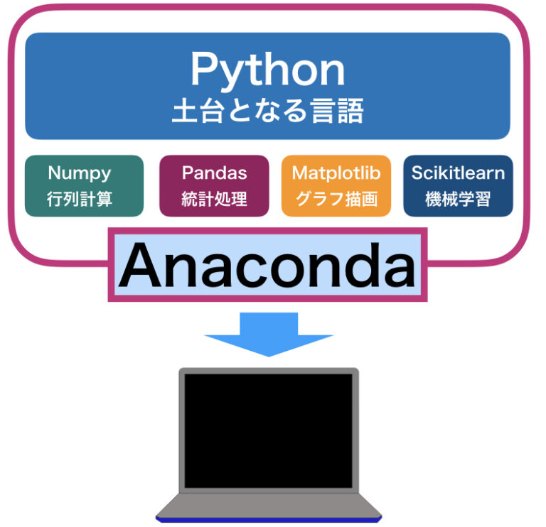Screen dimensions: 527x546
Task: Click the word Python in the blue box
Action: tap(267, 72)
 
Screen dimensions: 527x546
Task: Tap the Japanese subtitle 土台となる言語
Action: tap(267, 111)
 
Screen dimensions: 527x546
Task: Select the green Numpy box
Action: tap(84, 185)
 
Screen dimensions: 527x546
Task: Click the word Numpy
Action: tap(80, 173)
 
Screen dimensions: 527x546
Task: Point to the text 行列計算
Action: tap(80, 199)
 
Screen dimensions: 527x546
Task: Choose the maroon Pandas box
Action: tap(214, 185)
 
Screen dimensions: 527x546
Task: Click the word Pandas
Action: tap(214, 173)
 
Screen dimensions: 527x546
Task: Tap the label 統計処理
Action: tap(214, 199)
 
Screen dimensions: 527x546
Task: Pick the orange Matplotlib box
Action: tap(336, 185)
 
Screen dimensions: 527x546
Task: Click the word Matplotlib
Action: tap(336, 173)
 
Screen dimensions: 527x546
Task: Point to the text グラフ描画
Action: tap(336, 199)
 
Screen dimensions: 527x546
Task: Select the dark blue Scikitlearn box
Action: tap(458, 185)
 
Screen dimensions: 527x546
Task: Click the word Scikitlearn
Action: tap(458, 173)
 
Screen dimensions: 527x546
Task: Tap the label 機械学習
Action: tap(458, 199)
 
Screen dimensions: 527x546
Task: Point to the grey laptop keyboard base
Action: tap(268, 506)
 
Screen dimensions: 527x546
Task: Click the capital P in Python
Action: tap(203, 71)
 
